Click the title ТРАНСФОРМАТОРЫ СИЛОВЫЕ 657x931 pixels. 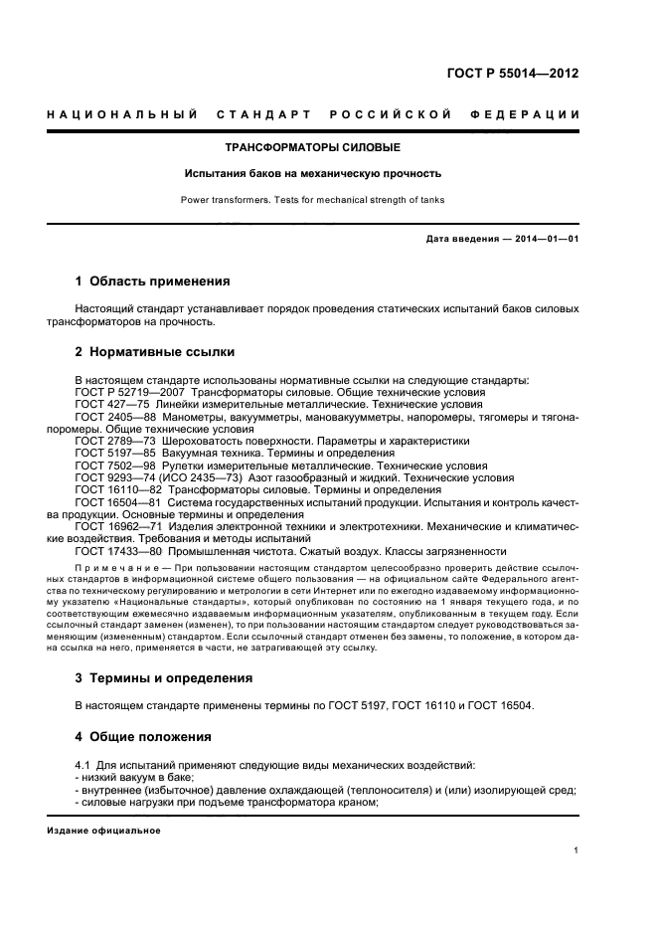click(x=312, y=148)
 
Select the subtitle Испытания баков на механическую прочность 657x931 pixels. click(x=312, y=173)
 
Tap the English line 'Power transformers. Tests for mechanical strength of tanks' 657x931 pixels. click(x=312, y=200)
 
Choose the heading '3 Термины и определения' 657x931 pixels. click(x=164, y=677)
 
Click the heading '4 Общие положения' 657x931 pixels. click(x=143, y=737)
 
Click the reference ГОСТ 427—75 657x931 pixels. click(x=111, y=405)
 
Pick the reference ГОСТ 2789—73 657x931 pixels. click(x=115, y=441)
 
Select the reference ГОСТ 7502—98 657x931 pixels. click(x=115, y=465)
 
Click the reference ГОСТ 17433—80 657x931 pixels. click(x=118, y=550)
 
